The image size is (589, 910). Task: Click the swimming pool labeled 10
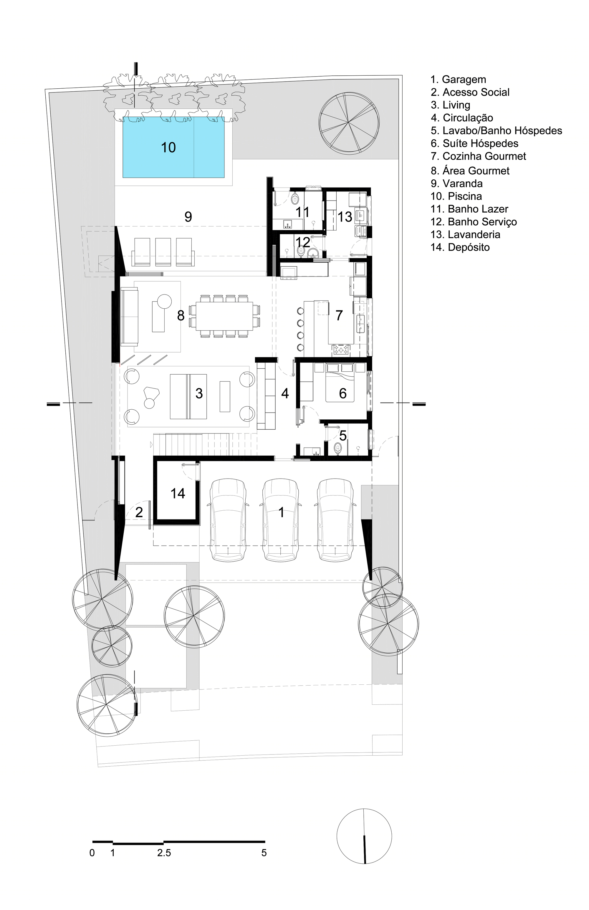point(173,147)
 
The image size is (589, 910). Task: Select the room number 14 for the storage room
point(178,493)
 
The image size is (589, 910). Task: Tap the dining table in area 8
point(224,316)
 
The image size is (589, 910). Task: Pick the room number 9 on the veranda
point(188,217)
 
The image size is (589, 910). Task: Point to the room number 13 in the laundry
point(345,217)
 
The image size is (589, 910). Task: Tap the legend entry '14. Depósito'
point(460,247)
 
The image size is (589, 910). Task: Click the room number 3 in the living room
point(199,393)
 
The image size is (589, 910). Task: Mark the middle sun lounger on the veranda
point(163,252)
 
